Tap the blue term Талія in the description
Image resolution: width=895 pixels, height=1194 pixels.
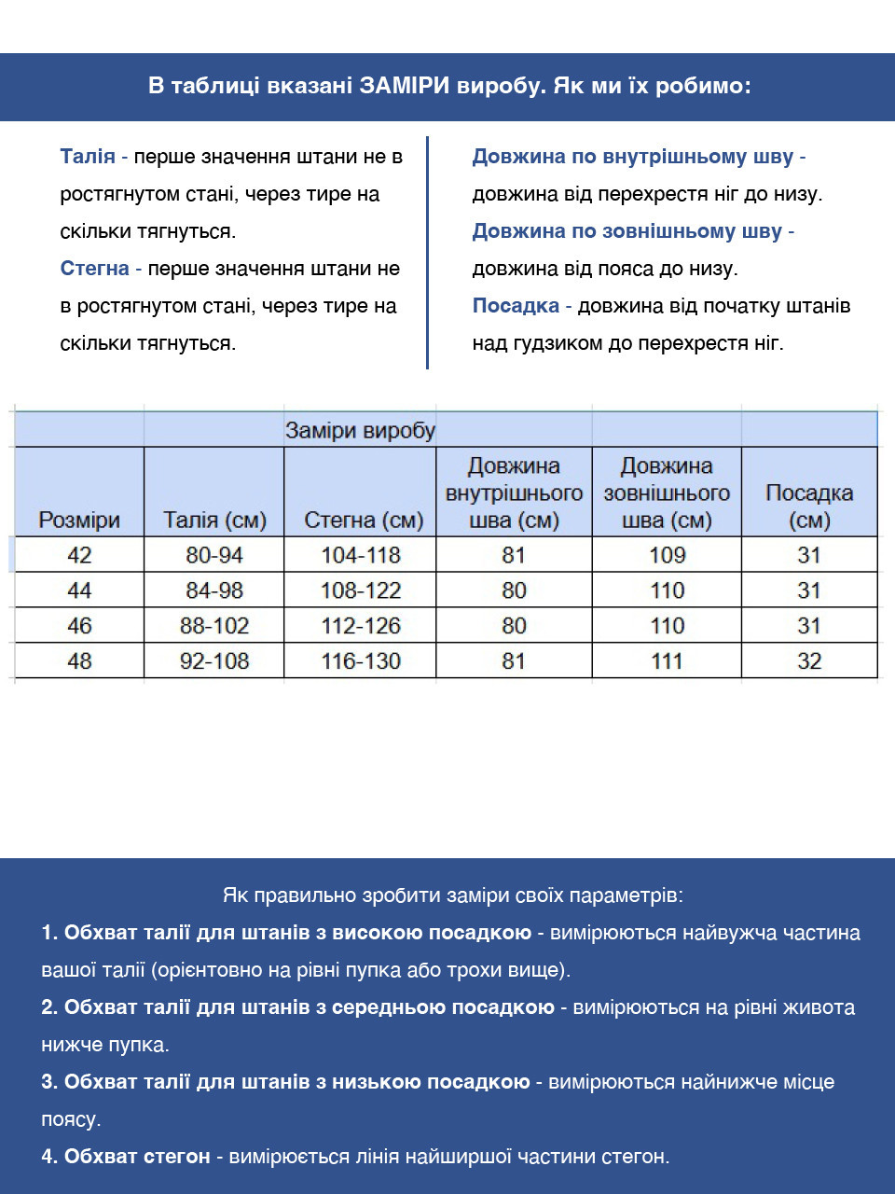coord(88,157)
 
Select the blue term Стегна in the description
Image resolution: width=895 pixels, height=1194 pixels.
coord(94,269)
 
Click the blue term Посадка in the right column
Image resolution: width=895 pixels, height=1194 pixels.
coord(515,306)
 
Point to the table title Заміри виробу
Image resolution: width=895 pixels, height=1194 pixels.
coord(360,431)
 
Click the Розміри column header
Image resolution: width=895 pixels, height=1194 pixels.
coord(79,520)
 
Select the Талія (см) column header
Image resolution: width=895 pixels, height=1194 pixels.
coord(214,520)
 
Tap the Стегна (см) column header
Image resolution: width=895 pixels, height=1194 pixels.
coord(363,520)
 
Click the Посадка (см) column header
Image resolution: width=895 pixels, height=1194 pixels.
coord(808,506)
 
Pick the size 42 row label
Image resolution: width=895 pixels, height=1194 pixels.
coord(79,555)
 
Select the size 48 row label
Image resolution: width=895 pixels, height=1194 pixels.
coord(79,661)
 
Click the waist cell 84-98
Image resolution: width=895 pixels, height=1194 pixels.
coord(214,590)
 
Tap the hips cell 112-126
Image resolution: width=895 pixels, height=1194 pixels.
coord(361,626)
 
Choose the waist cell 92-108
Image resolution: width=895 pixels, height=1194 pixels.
coord(214,661)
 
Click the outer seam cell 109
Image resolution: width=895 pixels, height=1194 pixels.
coord(667,555)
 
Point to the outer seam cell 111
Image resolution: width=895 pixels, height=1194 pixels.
coord(667,661)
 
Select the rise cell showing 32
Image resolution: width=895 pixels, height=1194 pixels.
coord(808,661)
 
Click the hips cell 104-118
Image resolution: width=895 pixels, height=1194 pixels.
coord(361,555)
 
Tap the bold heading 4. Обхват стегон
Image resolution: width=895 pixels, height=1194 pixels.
coord(126,1157)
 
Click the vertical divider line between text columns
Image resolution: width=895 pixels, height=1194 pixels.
coord(427,252)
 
